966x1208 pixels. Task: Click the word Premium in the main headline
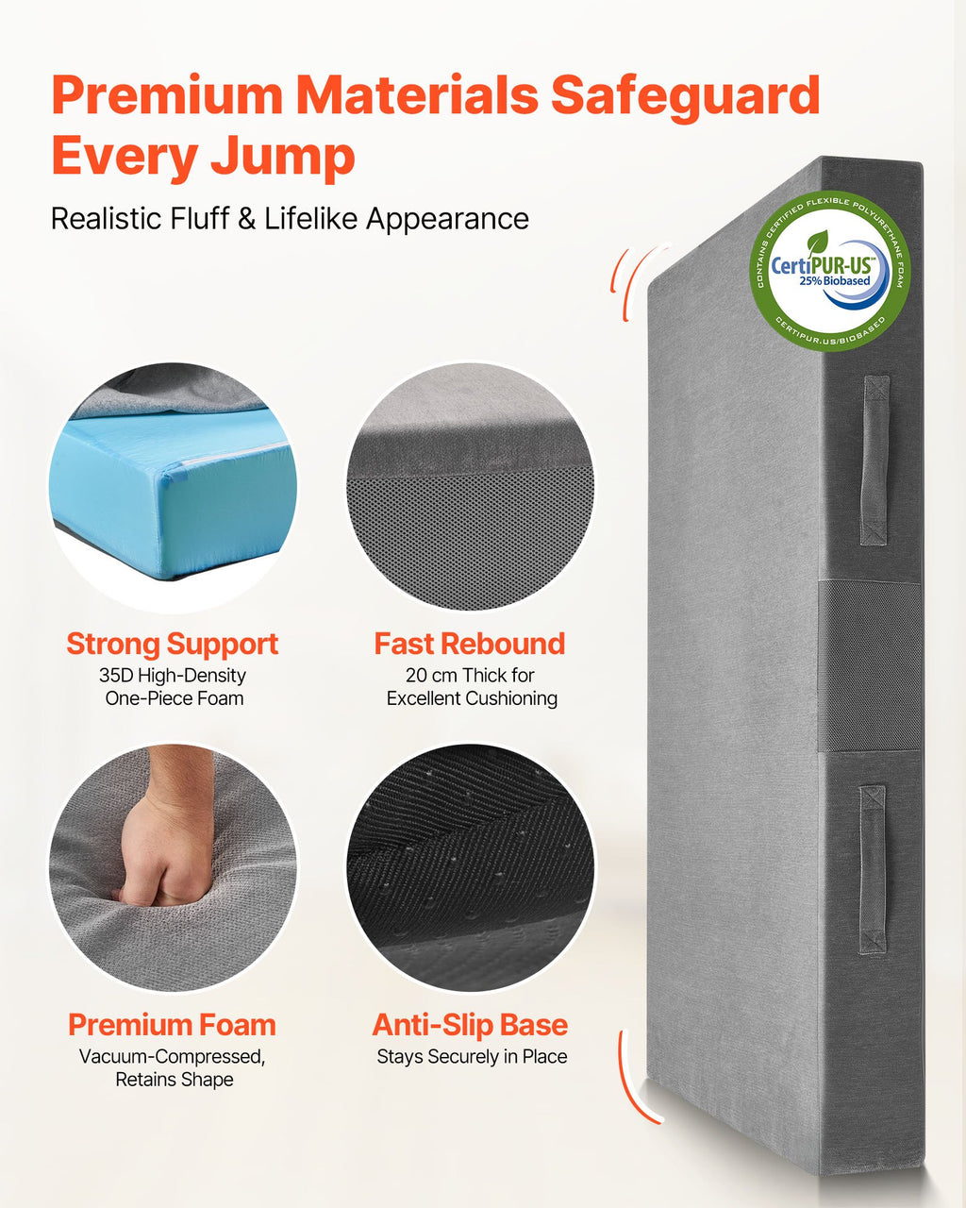pyautogui.click(x=167, y=95)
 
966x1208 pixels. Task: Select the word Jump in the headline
pyautogui.click(x=282, y=159)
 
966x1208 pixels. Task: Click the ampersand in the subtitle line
pyautogui.click(x=247, y=218)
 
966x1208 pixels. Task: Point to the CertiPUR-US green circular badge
pyautogui.click(x=829, y=271)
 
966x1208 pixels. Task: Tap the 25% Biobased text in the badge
pyautogui.click(x=835, y=280)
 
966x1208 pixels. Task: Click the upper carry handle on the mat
pyautogui.click(x=874, y=461)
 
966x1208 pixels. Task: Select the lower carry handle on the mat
pyautogui.click(x=873, y=870)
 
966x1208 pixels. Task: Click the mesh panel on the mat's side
pyautogui.click(x=869, y=666)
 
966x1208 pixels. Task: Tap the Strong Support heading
pyautogui.click(x=173, y=645)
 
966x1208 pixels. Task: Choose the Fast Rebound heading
pyautogui.click(x=470, y=644)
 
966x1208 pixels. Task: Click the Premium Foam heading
pyautogui.click(x=173, y=1025)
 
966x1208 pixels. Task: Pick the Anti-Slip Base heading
pyautogui.click(x=471, y=1025)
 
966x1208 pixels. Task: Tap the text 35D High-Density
pyautogui.click(x=173, y=676)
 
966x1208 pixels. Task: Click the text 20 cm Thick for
pyautogui.click(x=470, y=676)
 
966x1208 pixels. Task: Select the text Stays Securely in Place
pyautogui.click(x=472, y=1057)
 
